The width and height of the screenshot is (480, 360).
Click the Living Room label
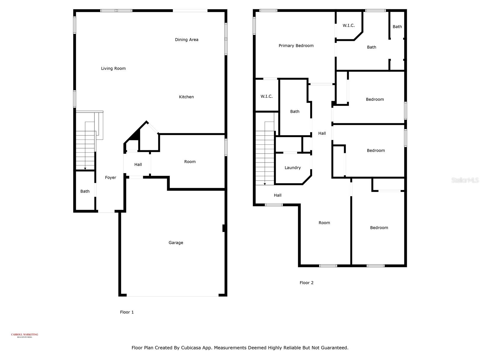[x=113, y=68]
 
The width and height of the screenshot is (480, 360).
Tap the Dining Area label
[x=187, y=40]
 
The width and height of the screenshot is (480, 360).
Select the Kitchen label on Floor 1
[x=186, y=97]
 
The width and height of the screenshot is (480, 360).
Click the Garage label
[x=176, y=243]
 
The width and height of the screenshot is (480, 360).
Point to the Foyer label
[x=110, y=178]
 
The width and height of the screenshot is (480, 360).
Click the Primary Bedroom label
[x=296, y=46]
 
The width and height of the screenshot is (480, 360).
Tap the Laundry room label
[x=292, y=168]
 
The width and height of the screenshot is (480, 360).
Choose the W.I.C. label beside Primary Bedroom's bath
[x=349, y=25]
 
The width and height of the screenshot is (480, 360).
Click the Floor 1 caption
[x=127, y=312]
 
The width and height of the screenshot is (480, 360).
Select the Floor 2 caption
[x=306, y=283]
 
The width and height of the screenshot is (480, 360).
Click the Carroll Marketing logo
[x=25, y=335]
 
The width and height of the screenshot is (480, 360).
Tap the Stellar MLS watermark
[x=465, y=180]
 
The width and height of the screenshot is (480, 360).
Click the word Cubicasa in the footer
[x=191, y=348]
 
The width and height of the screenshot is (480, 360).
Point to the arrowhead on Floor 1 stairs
[x=85, y=169]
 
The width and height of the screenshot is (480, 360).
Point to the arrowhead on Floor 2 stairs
[x=265, y=184]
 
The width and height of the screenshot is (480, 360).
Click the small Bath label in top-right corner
[x=397, y=27]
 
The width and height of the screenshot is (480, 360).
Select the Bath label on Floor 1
[x=85, y=191]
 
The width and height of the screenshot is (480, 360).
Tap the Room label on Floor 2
[x=324, y=223]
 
